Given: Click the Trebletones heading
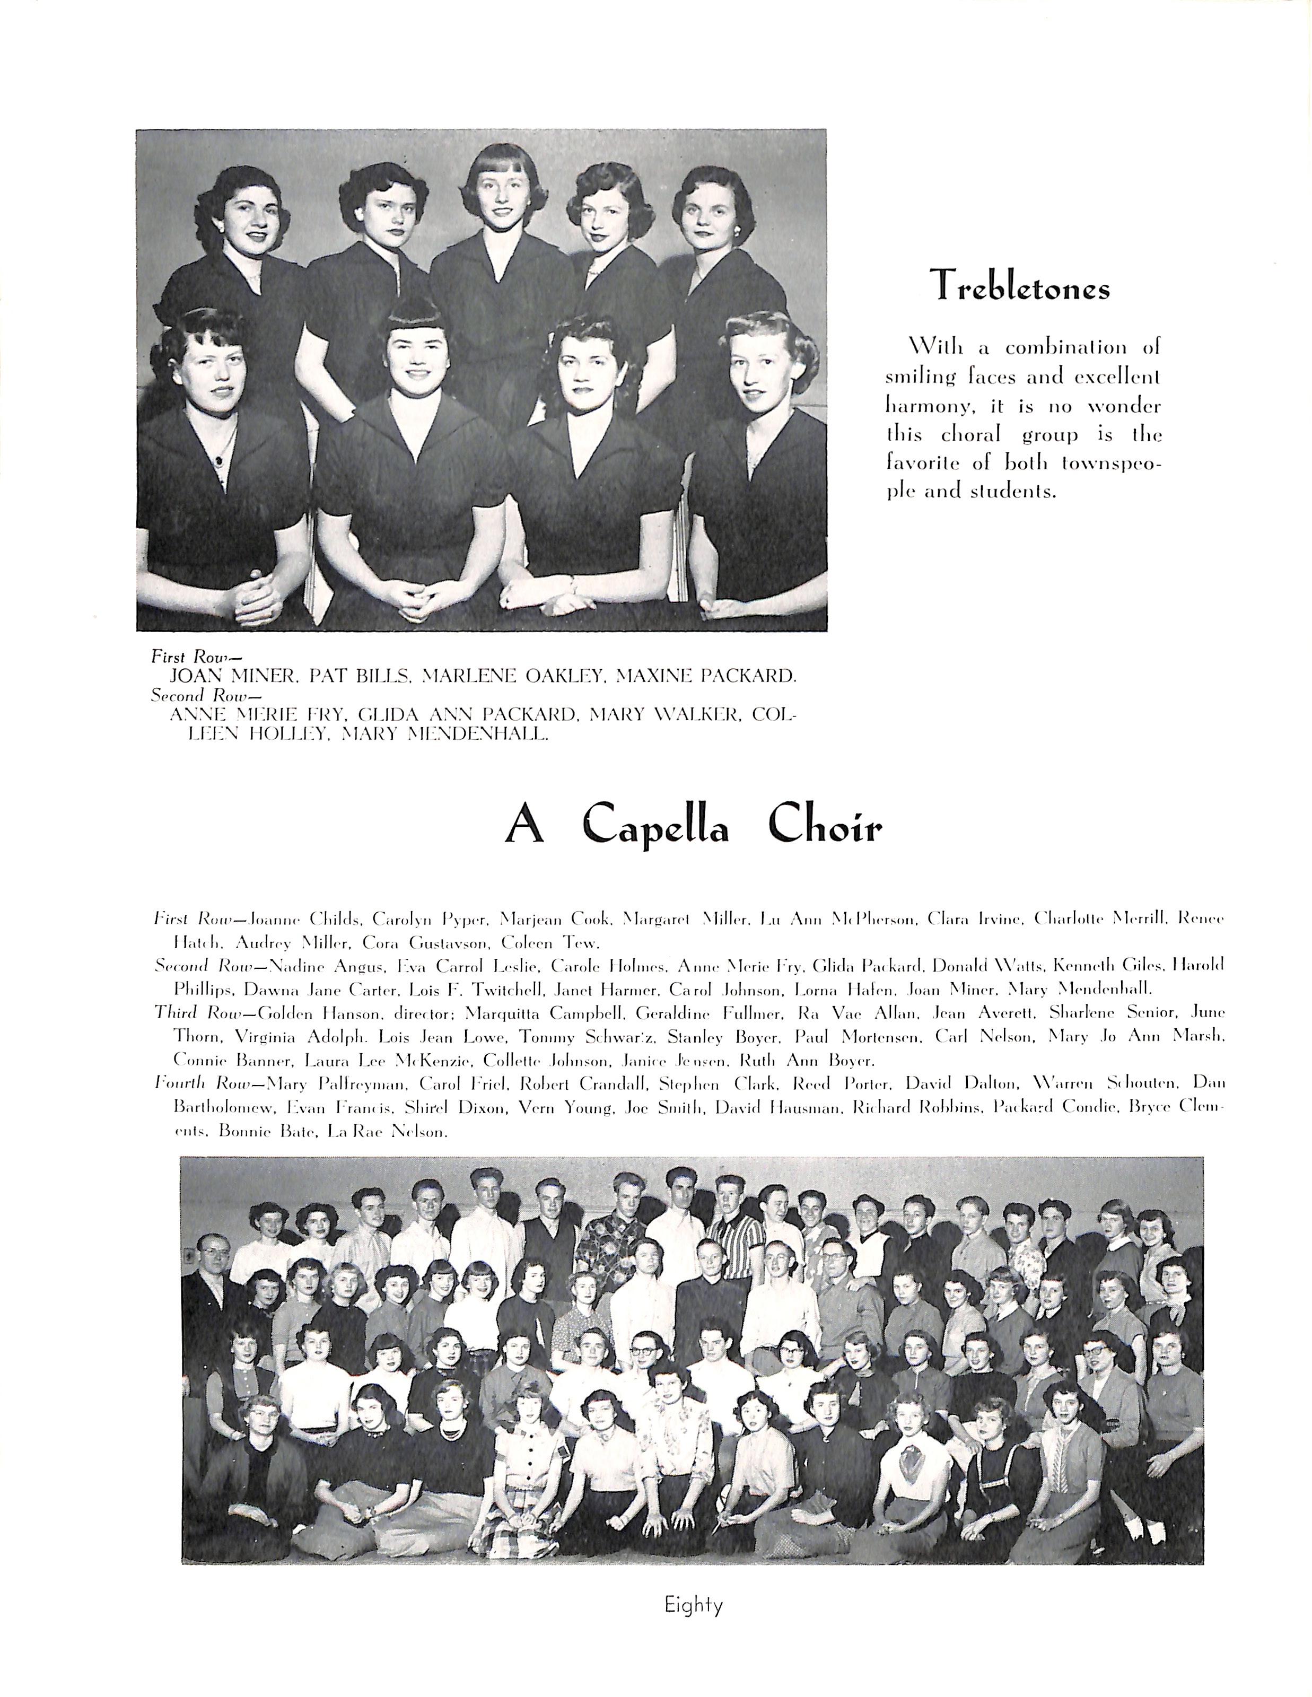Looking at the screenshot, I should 1021,285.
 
